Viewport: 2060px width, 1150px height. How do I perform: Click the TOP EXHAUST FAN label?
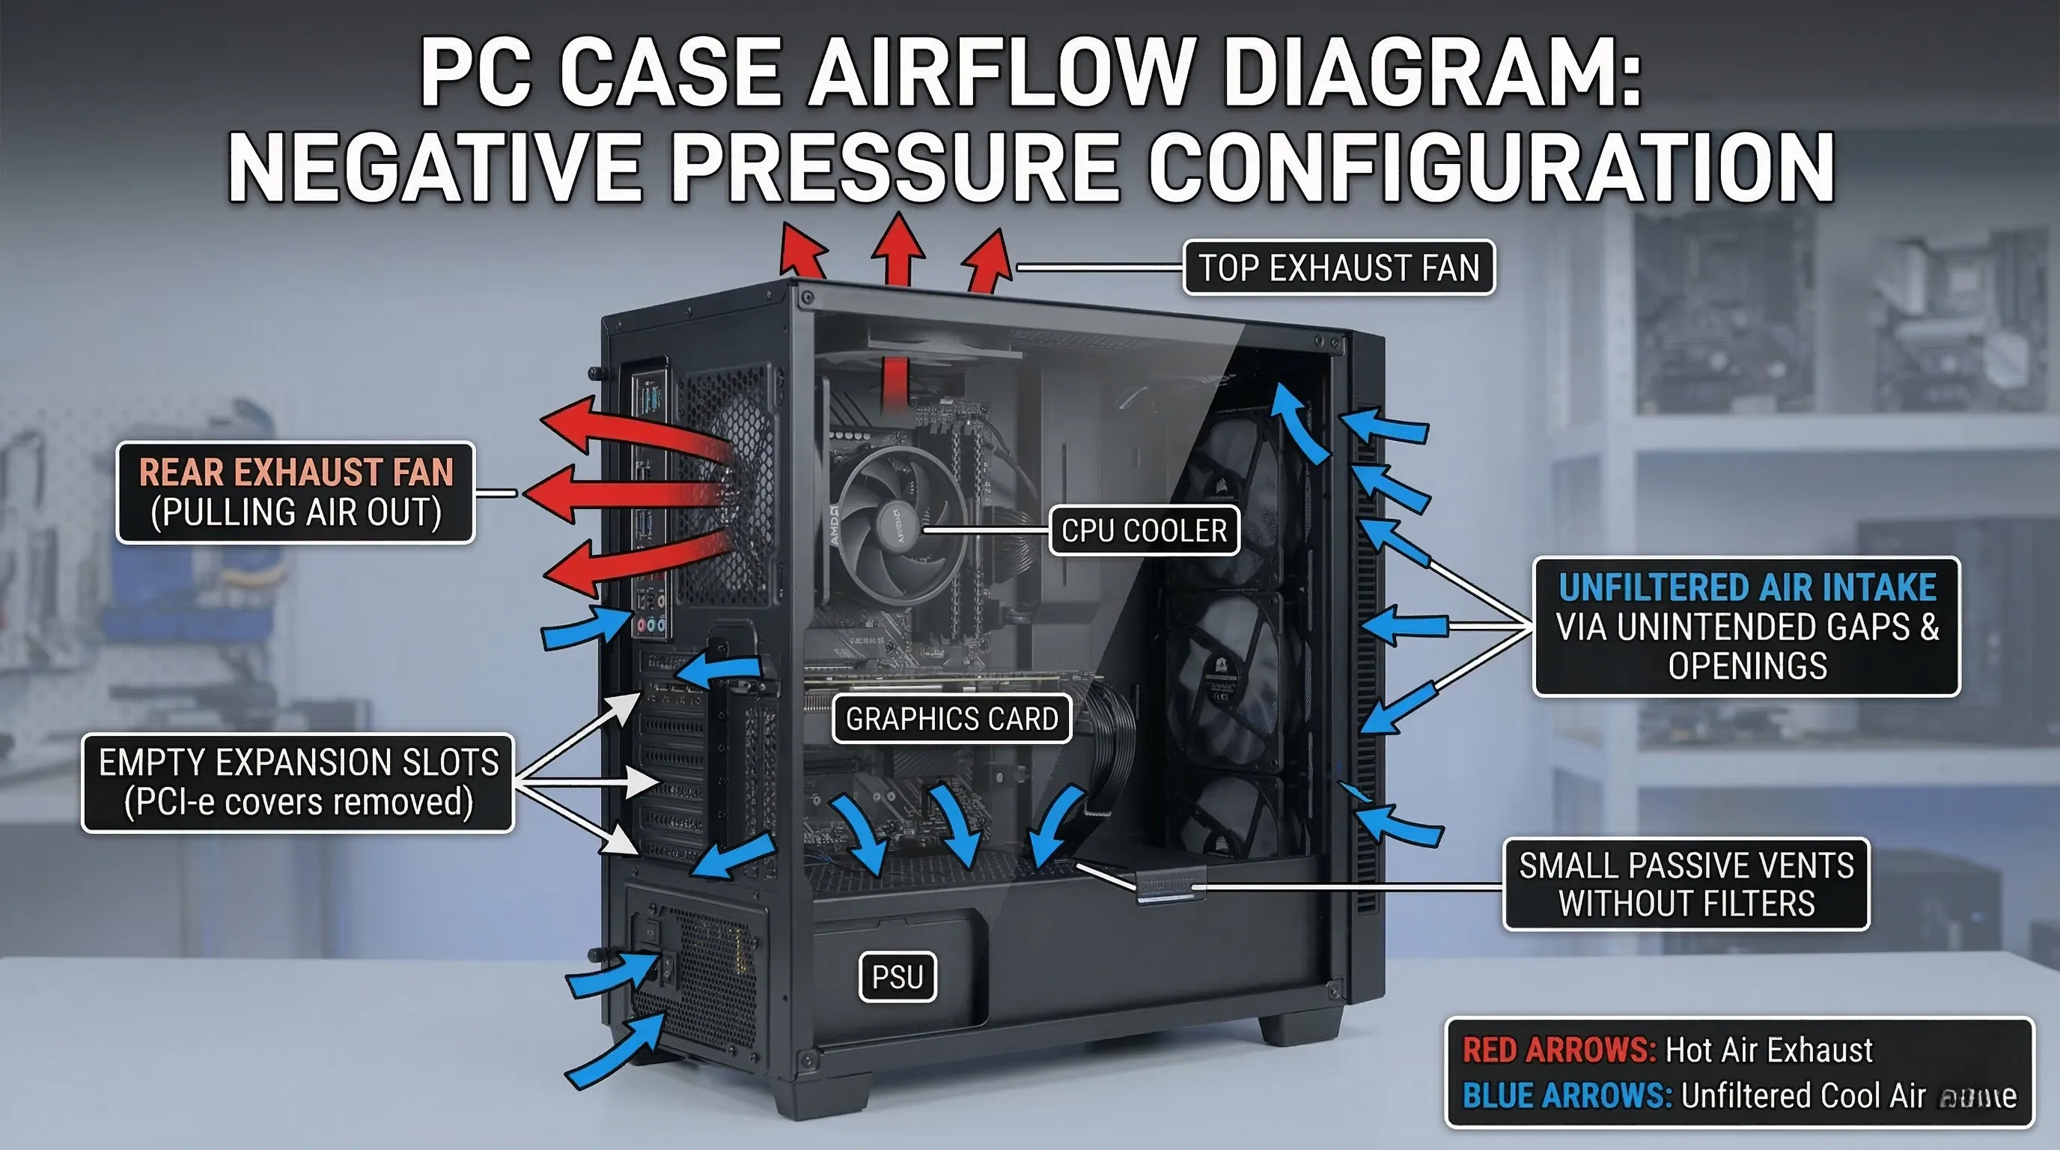point(1338,268)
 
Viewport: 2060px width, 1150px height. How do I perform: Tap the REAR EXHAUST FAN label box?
point(296,493)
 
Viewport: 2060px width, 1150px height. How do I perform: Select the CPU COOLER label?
point(1144,530)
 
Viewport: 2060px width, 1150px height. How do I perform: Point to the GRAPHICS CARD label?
point(951,719)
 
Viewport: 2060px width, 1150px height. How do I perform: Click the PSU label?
point(898,976)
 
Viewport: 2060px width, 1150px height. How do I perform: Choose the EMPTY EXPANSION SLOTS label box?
point(297,783)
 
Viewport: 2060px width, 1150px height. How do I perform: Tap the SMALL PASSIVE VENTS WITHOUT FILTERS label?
point(1686,884)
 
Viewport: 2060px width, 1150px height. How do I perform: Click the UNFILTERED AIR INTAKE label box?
point(1746,626)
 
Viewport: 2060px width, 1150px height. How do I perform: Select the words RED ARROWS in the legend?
point(1558,1050)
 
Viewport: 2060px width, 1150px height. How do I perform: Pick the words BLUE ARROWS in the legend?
point(1567,1095)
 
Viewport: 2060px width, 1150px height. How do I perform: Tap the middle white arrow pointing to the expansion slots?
point(624,782)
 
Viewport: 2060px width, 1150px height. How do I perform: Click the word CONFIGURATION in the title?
point(1491,167)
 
